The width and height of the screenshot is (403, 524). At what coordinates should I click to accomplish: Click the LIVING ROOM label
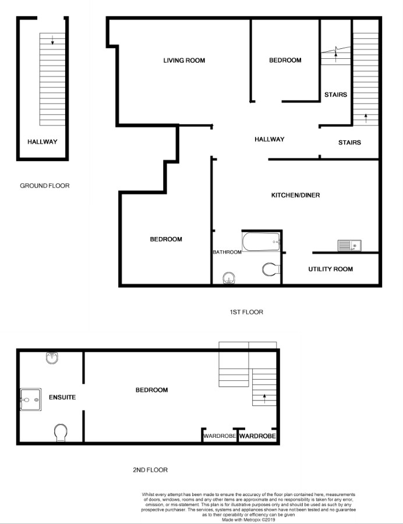(184, 61)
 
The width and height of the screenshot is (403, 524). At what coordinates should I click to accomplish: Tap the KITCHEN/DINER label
(296, 195)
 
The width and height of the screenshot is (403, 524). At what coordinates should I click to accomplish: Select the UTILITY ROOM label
(330, 269)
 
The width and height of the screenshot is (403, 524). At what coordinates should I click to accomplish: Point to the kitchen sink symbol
(349, 246)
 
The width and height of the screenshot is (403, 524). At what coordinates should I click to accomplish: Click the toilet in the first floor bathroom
(271, 269)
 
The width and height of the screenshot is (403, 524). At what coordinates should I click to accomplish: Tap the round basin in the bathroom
(229, 278)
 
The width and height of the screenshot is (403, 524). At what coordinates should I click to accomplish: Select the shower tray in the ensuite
(30, 400)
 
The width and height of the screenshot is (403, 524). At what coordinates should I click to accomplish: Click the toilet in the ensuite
(60, 432)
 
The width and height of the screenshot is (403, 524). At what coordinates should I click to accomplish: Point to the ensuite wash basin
(52, 357)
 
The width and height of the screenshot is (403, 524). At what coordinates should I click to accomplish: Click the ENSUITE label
(62, 397)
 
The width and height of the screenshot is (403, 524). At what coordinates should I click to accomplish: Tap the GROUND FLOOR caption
(45, 186)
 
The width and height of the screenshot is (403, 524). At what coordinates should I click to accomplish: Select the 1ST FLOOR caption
(246, 312)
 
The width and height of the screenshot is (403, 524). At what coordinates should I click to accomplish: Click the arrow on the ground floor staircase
(52, 40)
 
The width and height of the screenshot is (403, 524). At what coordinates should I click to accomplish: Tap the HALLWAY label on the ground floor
(42, 141)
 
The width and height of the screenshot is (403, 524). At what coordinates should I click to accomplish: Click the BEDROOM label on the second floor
(151, 390)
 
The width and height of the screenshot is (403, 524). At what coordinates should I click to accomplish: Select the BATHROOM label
(227, 252)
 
